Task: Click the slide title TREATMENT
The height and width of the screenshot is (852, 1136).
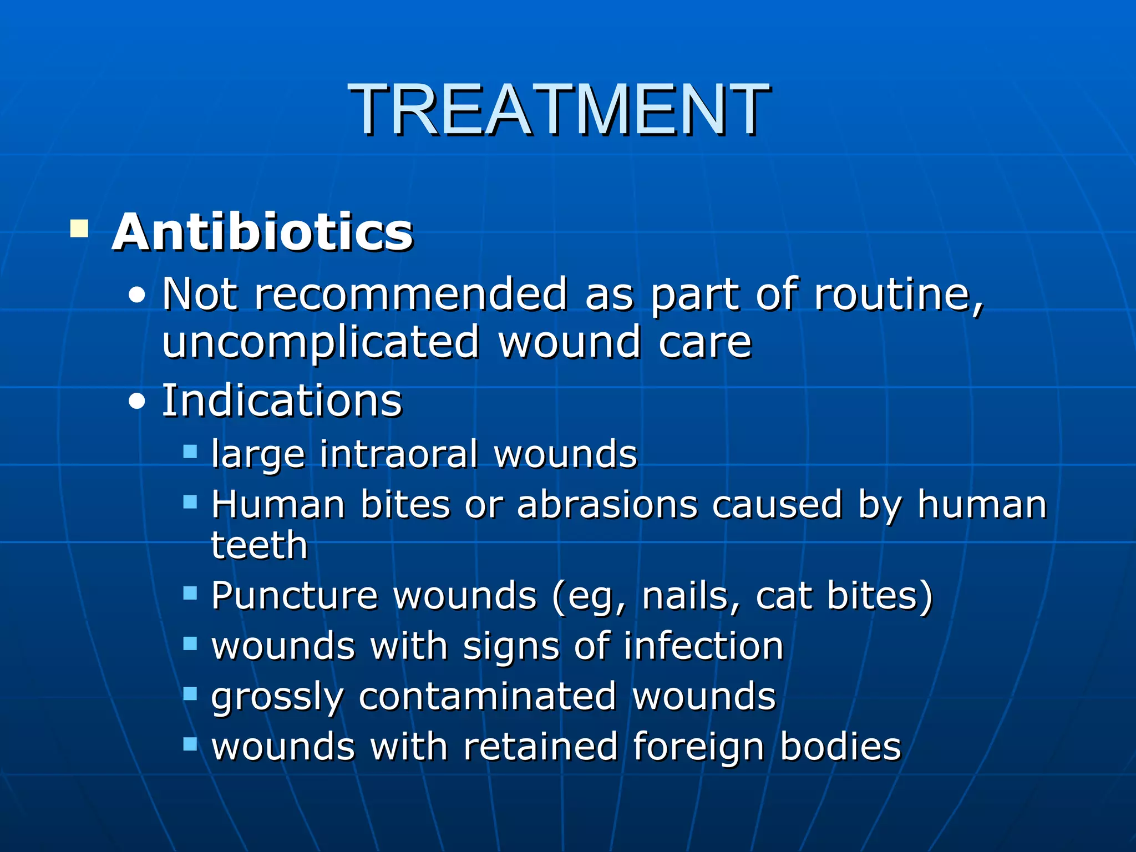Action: coord(559,109)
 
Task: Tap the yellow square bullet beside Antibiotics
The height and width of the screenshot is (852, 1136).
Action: coord(79,229)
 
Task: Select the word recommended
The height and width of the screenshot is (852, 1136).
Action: coord(410,294)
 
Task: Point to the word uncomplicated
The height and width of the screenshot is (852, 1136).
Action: coord(321,342)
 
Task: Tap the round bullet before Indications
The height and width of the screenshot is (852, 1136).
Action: coord(136,401)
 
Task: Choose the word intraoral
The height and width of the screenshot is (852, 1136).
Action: coord(399,454)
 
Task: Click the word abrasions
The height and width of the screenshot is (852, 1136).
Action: coord(607,505)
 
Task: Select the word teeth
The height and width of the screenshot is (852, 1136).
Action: coord(259,545)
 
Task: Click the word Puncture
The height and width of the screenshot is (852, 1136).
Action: coord(295,596)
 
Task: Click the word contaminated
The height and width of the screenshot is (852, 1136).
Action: coord(487,696)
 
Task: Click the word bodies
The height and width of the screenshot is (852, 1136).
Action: coord(840,746)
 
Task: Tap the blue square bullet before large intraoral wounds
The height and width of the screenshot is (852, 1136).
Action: coord(190,451)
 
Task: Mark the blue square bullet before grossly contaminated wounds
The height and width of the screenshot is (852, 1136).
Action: coord(190,693)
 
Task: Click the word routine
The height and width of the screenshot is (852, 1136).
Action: coord(899,294)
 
